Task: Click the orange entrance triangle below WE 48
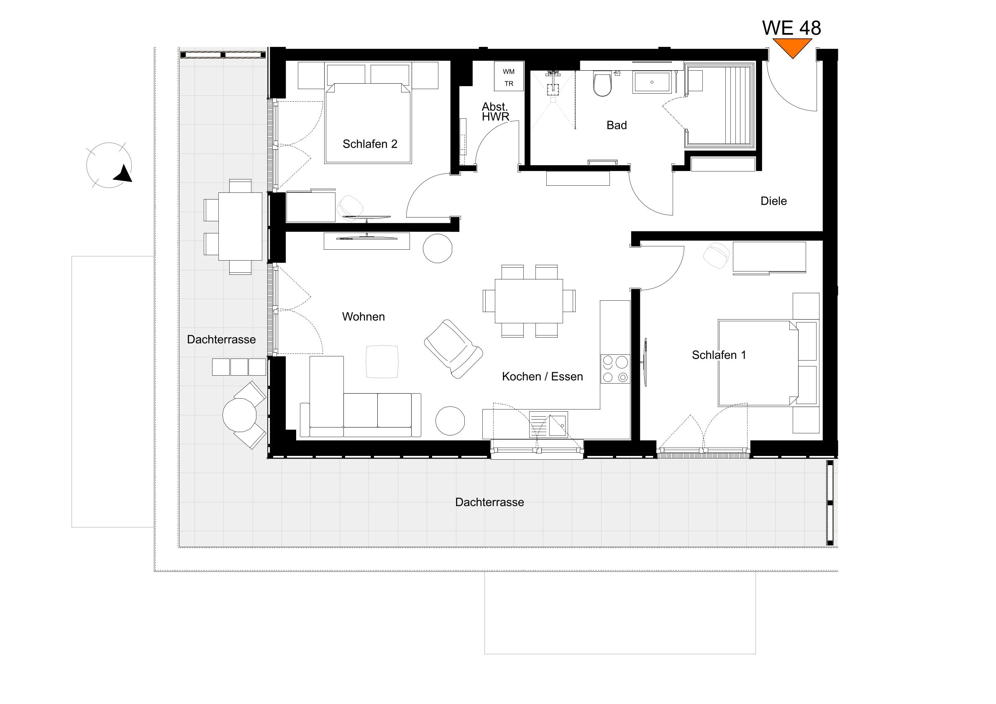pyautogui.click(x=792, y=47)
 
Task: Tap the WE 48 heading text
pyautogui.click(x=791, y=28)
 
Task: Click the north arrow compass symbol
pyautogui.click(x=109, y=165)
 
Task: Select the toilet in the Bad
pyautogui.click(x=602, y=84)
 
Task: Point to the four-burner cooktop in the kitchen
pyautogui.click(x=614, y=369)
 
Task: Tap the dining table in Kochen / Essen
pyautogui.click(x=529, y=301)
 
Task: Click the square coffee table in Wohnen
pyautogui.click(x=382, y=361)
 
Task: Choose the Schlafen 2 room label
pyautogui.click(x=370, y=144)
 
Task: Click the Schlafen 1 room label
pyautogui.click(x=719, y=355)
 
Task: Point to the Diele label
pyautogui.click(x=773, y=201)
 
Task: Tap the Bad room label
pyautogui.click(x=617, y=125)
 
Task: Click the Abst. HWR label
pyautogui.click(x=495, y=112)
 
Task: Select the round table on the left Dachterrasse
pyautogui.click(x=239, y=415)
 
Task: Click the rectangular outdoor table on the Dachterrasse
pyautogui.click(x=240, y=226)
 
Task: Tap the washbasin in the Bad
pyautogui.click(x=652, y=82)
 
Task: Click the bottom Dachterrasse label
pyautogui.click(x=489, y=502)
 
